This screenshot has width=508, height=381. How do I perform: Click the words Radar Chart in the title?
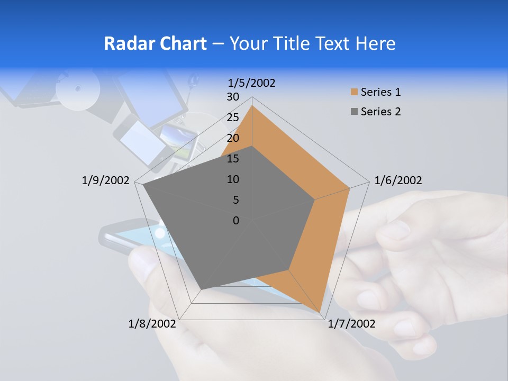[155, 43]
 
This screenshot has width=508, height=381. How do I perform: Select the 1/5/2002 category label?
[252, 83]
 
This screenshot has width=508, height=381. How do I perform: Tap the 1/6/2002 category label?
[398, 180]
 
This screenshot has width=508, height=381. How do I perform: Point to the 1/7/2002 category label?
[351, 324]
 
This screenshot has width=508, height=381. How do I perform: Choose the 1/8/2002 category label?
[152, 324]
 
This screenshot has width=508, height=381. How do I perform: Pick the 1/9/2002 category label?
[105, 180]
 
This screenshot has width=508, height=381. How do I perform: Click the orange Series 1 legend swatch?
[354, 92]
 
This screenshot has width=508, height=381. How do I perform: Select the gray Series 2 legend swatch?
[354, 112]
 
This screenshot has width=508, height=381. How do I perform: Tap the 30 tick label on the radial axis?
[233, 97]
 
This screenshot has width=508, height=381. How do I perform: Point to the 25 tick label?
[233, 117]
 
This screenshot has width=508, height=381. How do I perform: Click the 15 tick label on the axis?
[233, 159]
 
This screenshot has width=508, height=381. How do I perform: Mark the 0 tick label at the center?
[236, 221]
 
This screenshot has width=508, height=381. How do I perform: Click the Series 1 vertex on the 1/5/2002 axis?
[252, 105]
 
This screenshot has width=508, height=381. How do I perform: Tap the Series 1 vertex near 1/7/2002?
[320, 313]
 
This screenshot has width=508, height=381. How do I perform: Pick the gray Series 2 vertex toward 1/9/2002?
[143, 185]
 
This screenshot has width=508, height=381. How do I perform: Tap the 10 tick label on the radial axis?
[233, 179]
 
